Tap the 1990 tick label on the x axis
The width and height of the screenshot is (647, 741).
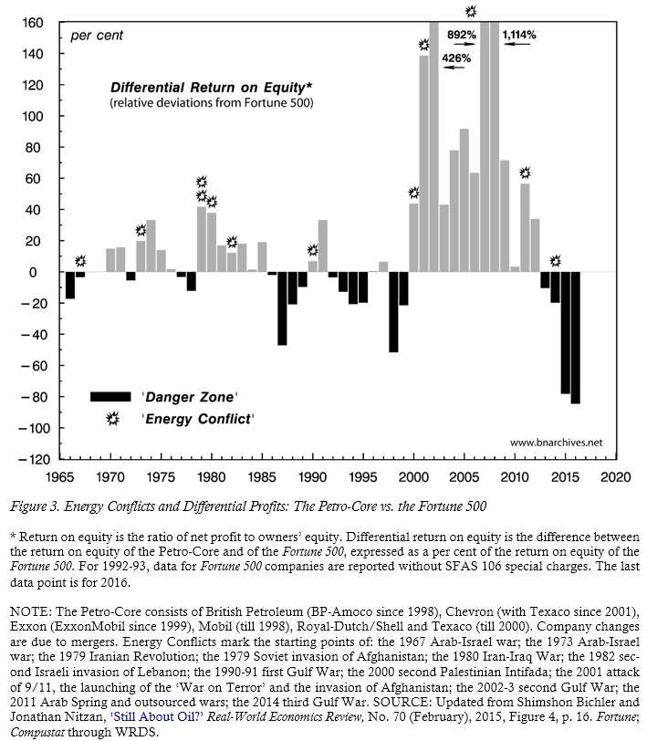(312, 476)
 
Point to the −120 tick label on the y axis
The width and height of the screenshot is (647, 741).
(30, 459)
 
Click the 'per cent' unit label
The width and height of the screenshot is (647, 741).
(97, 36)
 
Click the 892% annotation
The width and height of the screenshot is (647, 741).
(462, 35)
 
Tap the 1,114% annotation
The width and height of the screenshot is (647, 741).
(518, 35)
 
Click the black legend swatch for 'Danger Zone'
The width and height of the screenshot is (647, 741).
(111, 396)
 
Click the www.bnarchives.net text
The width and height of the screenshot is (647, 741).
(556, 443)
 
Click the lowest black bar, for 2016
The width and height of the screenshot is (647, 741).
(575, 338)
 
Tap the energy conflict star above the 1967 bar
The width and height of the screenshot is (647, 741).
(80, 261)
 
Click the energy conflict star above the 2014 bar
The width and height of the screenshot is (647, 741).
(555, 260)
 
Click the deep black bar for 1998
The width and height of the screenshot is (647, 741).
(393, 312)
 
